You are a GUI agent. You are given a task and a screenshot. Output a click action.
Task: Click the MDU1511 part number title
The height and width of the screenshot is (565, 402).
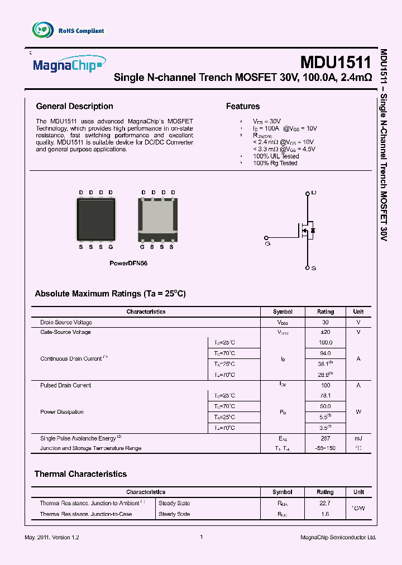[x=335, y=62]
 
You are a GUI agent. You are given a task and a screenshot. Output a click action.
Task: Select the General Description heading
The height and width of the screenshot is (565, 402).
[x=74, y=106]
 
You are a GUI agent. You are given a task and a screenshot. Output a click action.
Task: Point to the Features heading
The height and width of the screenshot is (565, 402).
[x=242, y=106]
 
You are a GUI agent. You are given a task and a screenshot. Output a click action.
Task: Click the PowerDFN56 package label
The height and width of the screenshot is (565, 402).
[x=128, y=262]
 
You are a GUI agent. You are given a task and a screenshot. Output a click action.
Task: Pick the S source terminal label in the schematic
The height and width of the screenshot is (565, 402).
[x=313, y=269]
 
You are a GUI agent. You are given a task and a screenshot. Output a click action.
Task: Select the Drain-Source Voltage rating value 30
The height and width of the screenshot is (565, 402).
[x=326, y=323]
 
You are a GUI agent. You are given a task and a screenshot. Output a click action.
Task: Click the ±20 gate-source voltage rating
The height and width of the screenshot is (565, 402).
[x=326, y=332]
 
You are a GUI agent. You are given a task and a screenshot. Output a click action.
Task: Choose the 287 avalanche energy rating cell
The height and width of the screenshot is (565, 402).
[x=326, y=439]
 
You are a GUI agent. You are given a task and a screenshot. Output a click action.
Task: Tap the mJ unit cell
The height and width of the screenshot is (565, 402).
[x=358, y=439]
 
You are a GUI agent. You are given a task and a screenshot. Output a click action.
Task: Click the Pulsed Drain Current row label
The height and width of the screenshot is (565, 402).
[x=65, y=385]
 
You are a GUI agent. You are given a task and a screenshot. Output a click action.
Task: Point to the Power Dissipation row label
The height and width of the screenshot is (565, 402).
[x=62, y=412]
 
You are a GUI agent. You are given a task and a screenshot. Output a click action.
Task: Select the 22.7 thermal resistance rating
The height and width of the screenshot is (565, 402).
[x=325, y=503]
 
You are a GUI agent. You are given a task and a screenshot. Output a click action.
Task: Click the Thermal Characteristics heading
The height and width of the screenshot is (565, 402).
[x=80, y=474]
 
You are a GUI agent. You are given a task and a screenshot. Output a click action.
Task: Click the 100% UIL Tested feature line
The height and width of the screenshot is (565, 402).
[x=276, y=156]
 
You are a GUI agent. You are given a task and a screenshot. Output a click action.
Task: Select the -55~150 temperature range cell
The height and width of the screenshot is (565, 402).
[x=326, y=448]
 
